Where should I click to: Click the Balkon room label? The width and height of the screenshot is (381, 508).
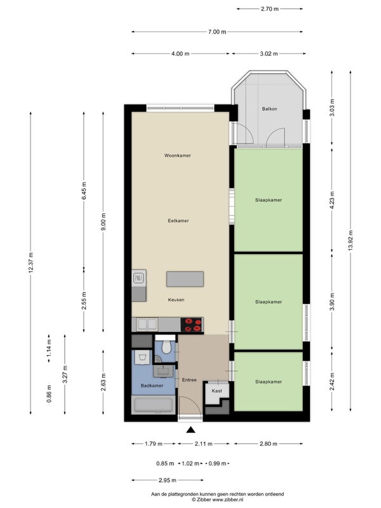(x=269, y=109)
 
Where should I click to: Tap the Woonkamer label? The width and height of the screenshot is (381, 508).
(x=178, y=156)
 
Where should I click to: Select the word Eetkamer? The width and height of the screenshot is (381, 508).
(x=178, y=220)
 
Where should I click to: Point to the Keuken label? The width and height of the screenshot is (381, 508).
(x=177, y=300)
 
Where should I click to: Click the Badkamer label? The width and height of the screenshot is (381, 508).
(x=152, y=385)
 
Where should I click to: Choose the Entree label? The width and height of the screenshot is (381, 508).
(x=189, y=380)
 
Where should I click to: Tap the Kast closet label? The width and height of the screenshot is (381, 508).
(x=217, y=391)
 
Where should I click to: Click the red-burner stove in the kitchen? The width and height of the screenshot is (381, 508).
(x=192, y=324)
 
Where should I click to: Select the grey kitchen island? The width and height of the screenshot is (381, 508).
(x=185, y=279)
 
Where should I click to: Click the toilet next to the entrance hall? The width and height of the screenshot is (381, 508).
(x=166, y=347)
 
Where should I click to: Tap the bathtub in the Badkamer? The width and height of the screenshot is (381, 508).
(x=153, y=404)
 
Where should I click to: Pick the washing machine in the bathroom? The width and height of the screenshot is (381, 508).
(x=141, y=358)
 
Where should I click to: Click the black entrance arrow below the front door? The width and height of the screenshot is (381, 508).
(x=191, y=430)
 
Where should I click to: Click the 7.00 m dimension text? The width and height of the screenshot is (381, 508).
(x=217, y=32)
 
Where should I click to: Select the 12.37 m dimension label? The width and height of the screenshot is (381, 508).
(x=30, y=262)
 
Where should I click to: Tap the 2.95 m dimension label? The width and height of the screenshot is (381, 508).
(x=168, y=480)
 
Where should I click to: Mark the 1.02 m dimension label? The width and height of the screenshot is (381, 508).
(x=190, y=464)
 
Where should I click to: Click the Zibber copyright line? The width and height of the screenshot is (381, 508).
(x=217, y=500)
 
